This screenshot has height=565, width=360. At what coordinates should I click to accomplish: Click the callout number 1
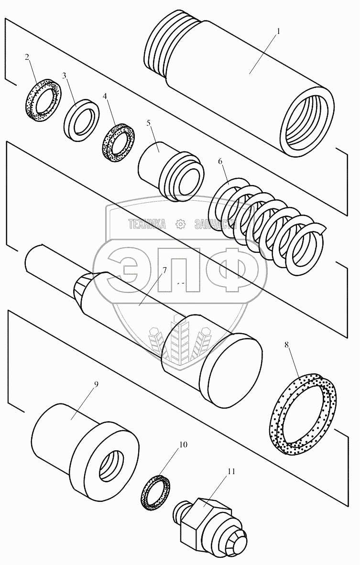coord(279,31)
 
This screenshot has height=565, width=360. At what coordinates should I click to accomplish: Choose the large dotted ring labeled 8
coord(304,411)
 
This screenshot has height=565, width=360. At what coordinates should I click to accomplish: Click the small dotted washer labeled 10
coord(155,492)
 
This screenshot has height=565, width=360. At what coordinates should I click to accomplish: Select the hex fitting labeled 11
coord(210,526)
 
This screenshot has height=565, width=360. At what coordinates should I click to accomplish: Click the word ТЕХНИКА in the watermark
coord(146,224)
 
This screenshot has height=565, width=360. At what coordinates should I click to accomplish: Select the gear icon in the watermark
coord(180,224)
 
